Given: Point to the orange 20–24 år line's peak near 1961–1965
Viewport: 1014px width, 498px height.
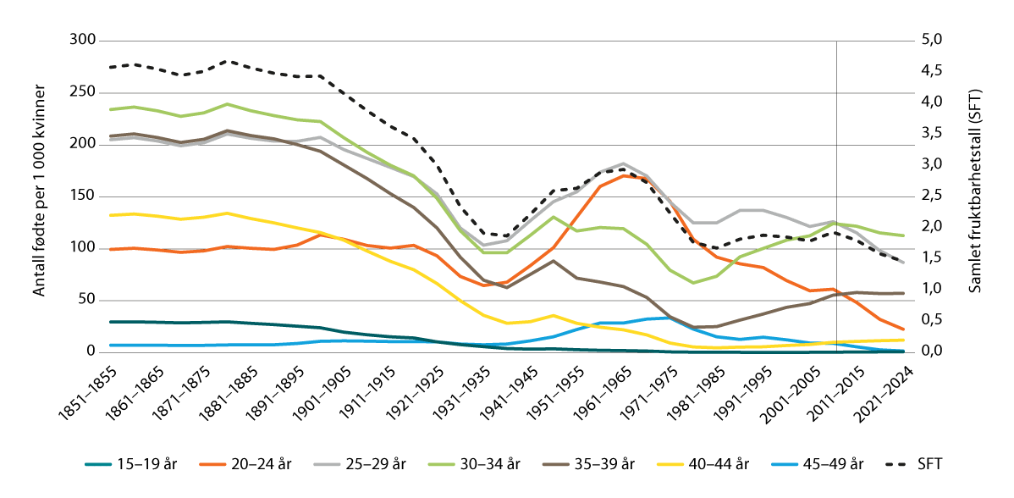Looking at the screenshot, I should click(624, 175).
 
